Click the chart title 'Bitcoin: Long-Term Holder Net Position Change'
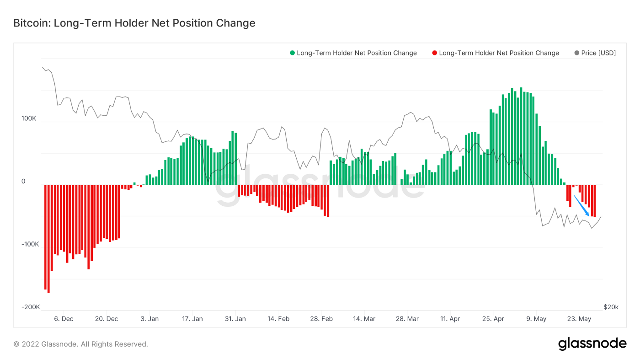pyautogui.click(x=134, y=23)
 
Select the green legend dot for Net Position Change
pyautogui.click(x=293, y=53)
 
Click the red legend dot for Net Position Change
pyautogui.click(x=435, y=53)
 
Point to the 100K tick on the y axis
pyautogui.click(x=29, y=118)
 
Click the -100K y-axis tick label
pyautogui.click(x=30, y=244)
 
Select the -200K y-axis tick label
pyautogui.click(x=30, y=307)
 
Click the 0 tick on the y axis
pyautogui.click(x=23, y=182)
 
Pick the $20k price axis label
pyautogui.click(x=611, y=307)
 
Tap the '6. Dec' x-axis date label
pyautogui.click(x=64, y=319)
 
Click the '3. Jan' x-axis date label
pyautogui.click(x=149, y=319)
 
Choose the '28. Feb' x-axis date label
pyautogui.click(x=321, y=319)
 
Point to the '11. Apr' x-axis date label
pyautogui.click(x=450, y=319)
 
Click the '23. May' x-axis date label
pyautogui.click(x=579, y=319)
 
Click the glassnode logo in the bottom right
pyautogui.click(x=592, y=344)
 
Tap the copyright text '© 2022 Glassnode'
pyautogui.click(x=80, y=344)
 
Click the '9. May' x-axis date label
pyautogui.click(x=536, y=319)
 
